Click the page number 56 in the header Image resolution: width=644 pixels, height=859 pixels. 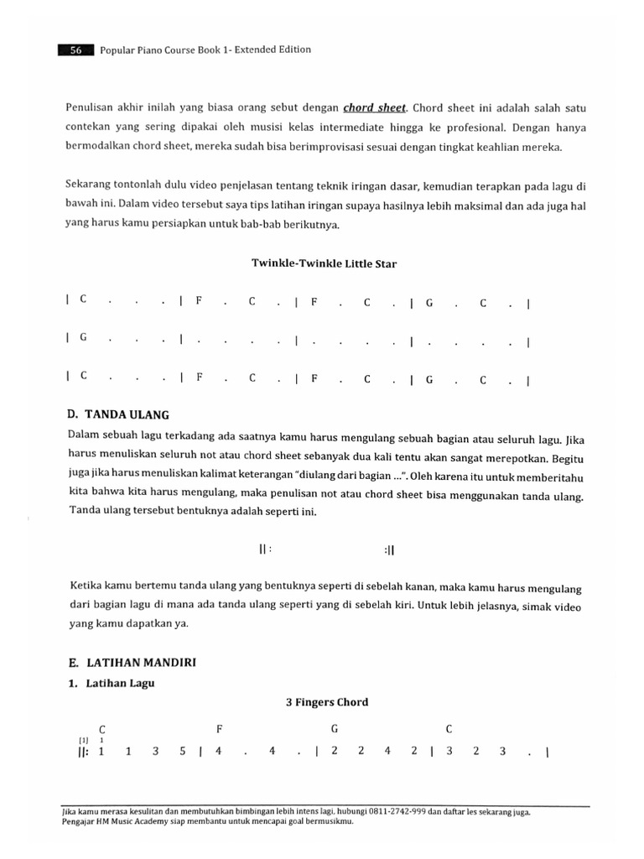[75, 49]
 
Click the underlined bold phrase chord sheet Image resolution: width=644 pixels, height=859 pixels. [375, 107]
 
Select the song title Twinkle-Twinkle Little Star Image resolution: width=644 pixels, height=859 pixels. [325, 263]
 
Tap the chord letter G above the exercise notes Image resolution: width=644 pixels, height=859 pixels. [335, 729]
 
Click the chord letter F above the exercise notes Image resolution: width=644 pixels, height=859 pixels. [220, 729]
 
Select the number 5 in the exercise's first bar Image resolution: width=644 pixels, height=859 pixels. [181, 752]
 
